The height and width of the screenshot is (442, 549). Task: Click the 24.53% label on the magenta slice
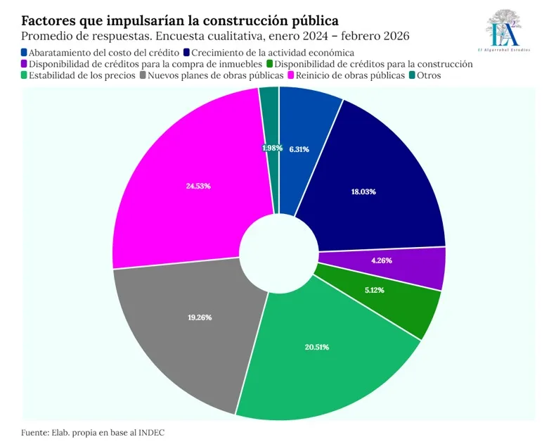[199, 186]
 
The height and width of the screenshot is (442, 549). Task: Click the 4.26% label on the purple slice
[381, 260]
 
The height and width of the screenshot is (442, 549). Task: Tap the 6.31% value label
[299, 149]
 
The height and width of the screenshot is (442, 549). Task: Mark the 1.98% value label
[272, 148]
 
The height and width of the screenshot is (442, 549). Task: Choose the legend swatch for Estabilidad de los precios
[25, 75]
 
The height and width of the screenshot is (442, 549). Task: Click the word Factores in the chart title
[50, 20]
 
